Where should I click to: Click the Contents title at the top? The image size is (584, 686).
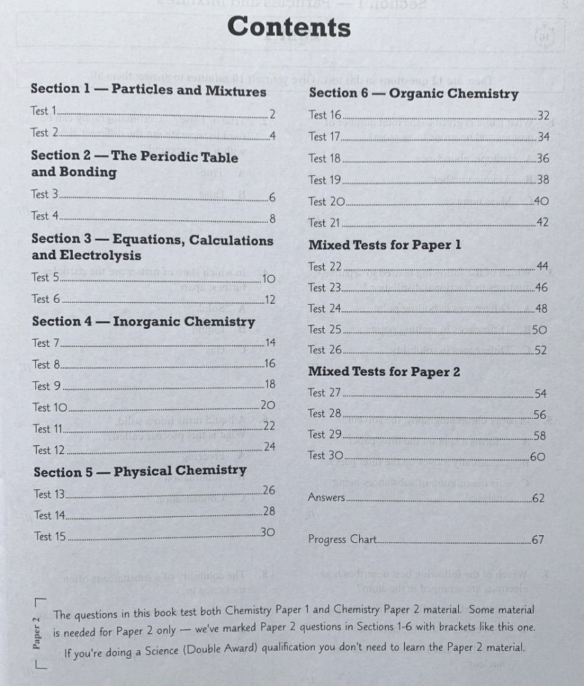(289, 27)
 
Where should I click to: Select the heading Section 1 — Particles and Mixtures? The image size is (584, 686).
(148, 91)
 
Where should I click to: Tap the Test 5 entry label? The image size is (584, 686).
(46, 278)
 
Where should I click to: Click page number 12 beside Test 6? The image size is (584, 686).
(269, 300)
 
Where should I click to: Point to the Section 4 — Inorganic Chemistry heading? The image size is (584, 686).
(143, 322)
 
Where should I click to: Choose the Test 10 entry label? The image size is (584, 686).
(50, 407)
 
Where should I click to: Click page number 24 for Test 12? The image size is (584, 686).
(270, 447)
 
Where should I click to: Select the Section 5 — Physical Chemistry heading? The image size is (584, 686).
(140, 471)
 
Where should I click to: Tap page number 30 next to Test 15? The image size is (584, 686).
(268, 532)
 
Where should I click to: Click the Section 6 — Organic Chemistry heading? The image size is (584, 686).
(413, 94)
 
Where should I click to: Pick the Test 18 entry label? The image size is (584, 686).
(325, 159)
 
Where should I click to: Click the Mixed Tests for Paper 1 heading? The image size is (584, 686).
(384, 245)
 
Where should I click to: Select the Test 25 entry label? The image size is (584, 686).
(325, 329)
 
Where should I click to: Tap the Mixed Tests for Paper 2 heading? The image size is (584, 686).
(384, 371)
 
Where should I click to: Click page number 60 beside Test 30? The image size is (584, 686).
(538, 457)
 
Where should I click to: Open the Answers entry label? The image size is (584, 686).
(327, 498)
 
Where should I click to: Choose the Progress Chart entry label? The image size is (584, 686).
(343, 539)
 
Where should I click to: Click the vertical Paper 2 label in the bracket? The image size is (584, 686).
(37, 632)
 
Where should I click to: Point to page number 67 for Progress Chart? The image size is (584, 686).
(538, 540)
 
